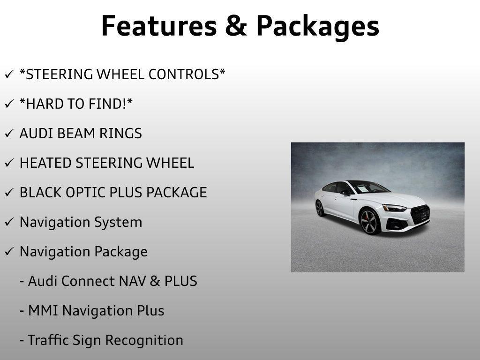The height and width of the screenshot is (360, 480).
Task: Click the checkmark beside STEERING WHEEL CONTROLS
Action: point(9,75)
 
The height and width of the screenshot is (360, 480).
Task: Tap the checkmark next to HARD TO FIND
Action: point(9,104)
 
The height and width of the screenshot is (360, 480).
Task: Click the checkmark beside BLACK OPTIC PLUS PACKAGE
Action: point(9,193)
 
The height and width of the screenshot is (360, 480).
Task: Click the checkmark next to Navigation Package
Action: point(9,252)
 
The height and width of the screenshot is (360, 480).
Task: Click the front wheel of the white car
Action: point(370,221)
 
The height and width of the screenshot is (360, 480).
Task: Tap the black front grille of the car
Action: point(420,215)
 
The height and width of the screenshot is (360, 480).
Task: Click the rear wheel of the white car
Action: point(320,208)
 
